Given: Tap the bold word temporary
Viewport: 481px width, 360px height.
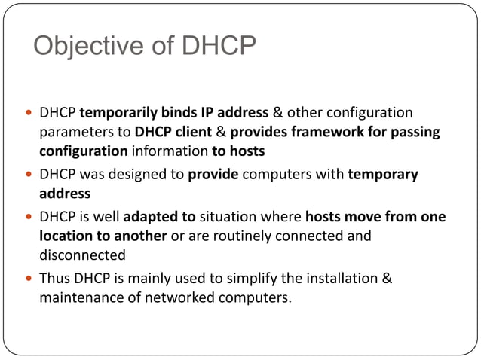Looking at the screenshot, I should click(x=383, y=175).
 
